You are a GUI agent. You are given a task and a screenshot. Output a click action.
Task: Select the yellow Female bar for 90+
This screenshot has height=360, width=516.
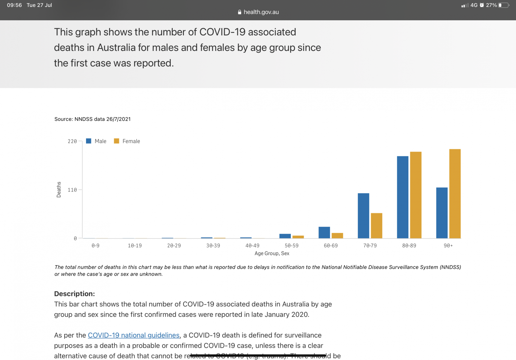click(455, 194)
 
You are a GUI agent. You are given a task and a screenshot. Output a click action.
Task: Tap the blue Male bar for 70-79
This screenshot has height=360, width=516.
click(363, 216)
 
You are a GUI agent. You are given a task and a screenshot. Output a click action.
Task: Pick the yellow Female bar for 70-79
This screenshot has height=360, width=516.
click(376, 226)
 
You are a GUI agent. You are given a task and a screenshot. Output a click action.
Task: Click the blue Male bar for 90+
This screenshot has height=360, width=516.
click(442, 213)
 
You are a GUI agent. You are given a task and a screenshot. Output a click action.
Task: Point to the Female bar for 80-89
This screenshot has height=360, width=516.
click(416, 195)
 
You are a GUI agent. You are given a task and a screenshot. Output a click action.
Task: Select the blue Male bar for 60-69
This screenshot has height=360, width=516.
click(324, 232)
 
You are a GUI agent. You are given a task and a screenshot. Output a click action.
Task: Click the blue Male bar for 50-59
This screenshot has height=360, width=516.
click(285, 236)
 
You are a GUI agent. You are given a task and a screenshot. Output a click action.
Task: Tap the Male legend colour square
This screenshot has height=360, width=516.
click(89, 141)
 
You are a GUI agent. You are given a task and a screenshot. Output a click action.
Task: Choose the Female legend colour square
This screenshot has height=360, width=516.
click(117, 141)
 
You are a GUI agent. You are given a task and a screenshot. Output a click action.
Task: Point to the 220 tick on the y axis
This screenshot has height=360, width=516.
click(72, 141)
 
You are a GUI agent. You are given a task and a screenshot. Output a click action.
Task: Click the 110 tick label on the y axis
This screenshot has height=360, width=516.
click(72, 190)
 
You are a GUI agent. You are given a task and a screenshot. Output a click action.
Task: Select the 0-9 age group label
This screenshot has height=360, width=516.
click(95, 246)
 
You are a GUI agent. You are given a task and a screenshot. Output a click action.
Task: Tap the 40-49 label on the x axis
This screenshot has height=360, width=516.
click(252, 246)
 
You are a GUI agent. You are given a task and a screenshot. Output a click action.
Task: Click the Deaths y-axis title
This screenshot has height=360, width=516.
click(59, 189)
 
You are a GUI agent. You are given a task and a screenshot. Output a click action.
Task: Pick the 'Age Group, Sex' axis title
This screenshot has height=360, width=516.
click(272, 253)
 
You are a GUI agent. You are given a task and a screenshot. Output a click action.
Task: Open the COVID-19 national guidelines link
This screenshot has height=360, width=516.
click(134, 335)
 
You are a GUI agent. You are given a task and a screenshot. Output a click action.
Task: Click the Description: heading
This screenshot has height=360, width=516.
click(74, 294)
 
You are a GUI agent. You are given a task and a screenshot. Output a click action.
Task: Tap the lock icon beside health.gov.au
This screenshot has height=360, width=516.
click(240, 12)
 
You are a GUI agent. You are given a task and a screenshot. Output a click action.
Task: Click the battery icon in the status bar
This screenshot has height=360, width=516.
click(503, 5)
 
